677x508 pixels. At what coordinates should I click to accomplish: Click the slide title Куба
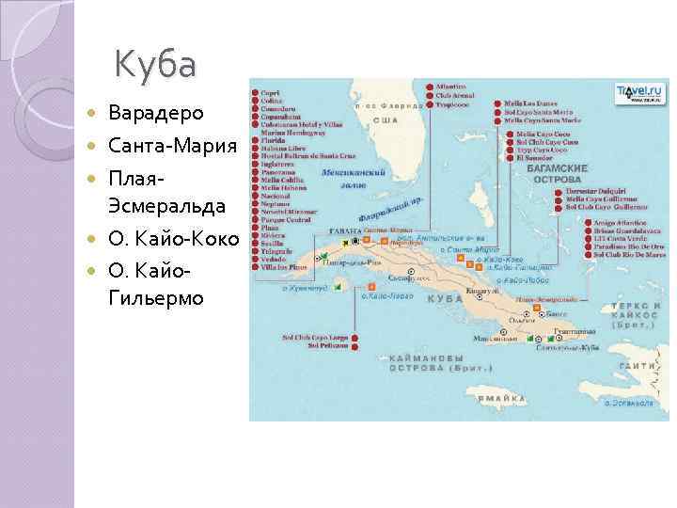coord(155,66)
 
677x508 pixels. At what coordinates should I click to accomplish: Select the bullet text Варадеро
coord(155,114)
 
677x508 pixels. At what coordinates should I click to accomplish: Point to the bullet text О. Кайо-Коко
coord(173,239)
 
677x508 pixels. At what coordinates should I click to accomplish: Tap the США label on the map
coord(384,121)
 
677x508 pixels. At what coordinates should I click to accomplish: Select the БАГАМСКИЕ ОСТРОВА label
coord(560,173)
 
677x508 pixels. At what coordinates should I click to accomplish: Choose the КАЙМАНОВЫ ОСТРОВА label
coord(415,364)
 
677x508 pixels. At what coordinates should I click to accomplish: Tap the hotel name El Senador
coord(533,157)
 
